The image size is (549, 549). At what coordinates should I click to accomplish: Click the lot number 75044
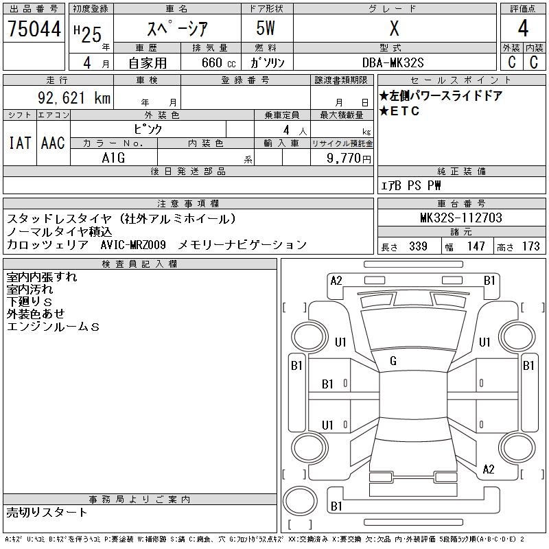point(34,30)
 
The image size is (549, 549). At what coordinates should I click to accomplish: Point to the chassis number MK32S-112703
point(460,218)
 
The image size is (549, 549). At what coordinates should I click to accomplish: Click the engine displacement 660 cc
point(209,62)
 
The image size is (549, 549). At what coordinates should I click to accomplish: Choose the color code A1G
point(113,157)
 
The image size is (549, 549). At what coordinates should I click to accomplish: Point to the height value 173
point(530,246)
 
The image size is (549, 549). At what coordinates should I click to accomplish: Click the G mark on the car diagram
point(393,361)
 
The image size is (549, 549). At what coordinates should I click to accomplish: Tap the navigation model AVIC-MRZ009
point(132,244)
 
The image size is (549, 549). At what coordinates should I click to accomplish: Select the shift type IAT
point(19,143)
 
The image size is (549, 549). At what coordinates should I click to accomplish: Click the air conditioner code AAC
point(53,143)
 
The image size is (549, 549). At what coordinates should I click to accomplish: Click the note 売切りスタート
point(47,512)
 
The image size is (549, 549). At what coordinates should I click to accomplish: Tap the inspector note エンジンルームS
point(53,327)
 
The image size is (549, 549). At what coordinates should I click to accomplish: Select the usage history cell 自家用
point(148,62)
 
